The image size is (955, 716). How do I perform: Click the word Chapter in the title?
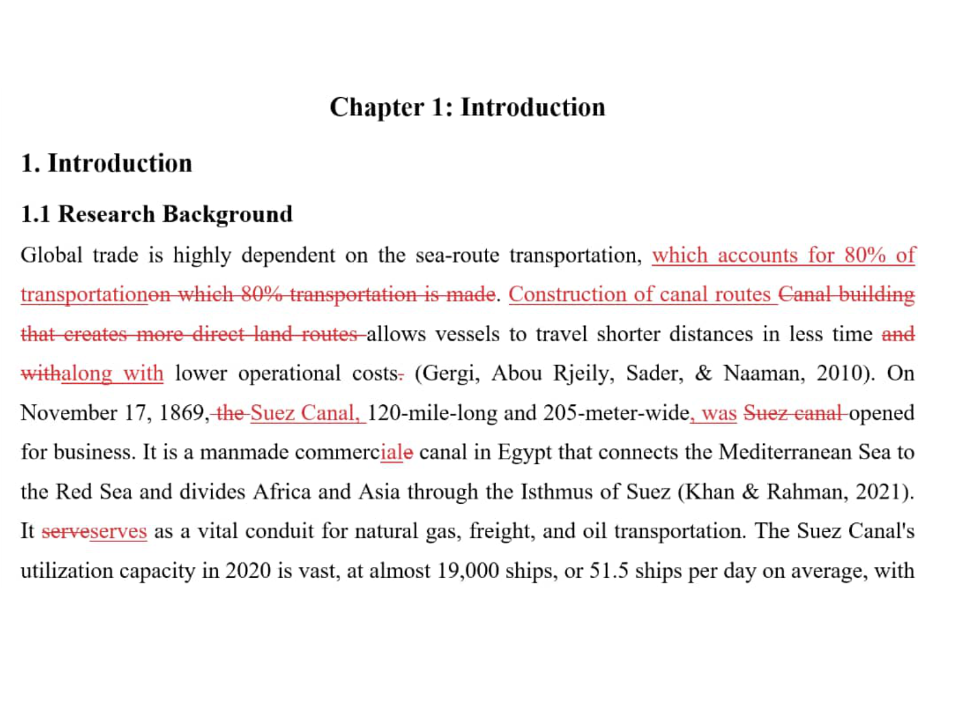pyautogui.click(x=377, y=108)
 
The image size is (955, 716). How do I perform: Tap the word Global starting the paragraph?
pyautogui.click(x=51, y=255)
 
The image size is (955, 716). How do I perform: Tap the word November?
pyautogui.click(x=67, y=413)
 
